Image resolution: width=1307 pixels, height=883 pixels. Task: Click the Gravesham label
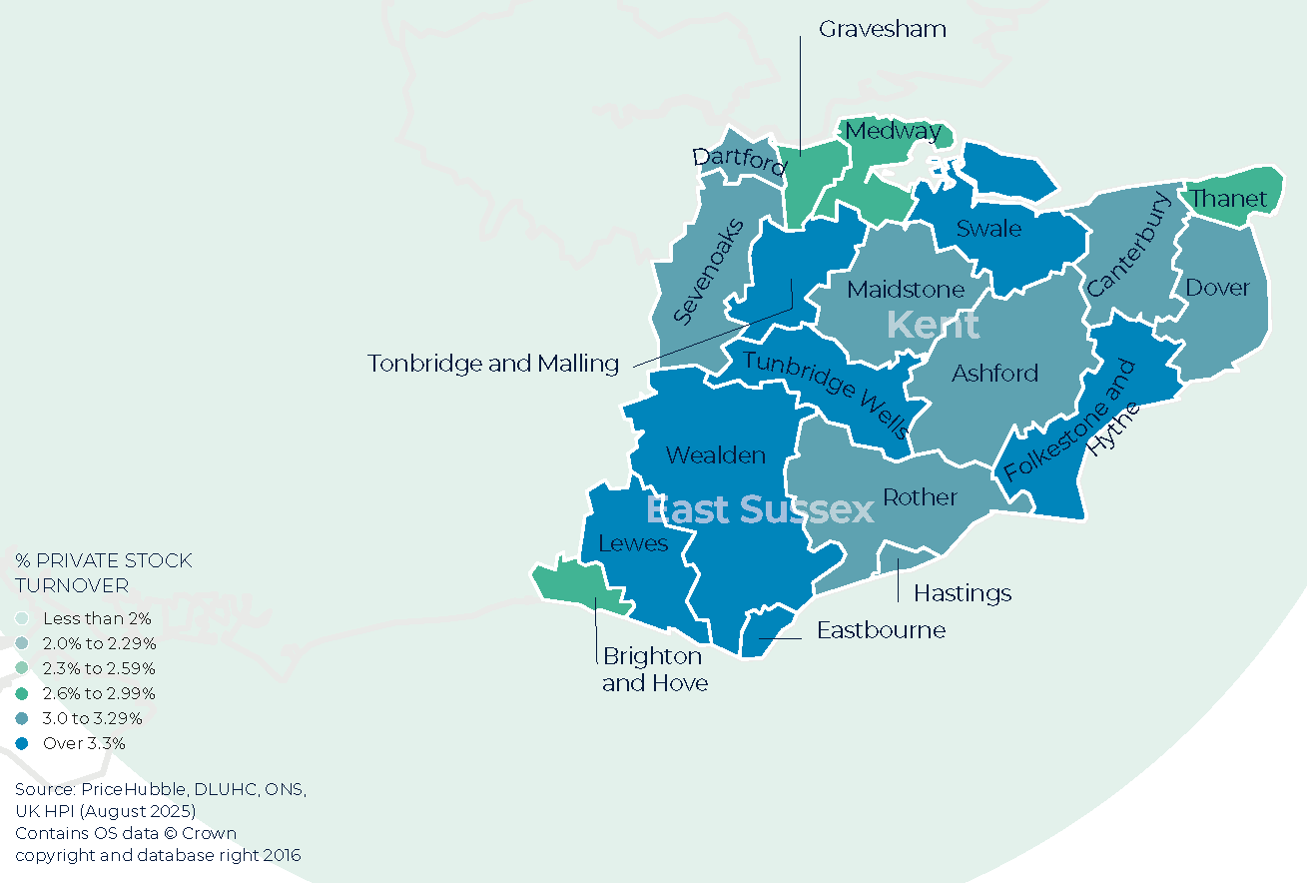tap(882, 29)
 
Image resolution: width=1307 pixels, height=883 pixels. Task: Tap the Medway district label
tap(893, 131)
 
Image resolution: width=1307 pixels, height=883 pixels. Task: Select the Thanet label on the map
tap(1228, 199)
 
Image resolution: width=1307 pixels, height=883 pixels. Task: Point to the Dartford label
tap(740, 162)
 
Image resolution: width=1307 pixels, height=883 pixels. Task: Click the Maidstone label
tap(906, 290)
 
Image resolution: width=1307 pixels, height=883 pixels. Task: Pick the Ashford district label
tap(994, 373)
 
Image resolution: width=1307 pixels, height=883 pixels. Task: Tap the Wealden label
tap(715, 455)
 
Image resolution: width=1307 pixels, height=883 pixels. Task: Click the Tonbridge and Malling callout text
tap(493, 364)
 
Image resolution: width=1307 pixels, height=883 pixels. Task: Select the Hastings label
tap(963, 593)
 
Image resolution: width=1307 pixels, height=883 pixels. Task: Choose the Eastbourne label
tap(881, 630)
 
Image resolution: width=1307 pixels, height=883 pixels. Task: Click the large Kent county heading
tap(933, 325)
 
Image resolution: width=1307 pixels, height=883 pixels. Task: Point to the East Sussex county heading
tap(759, 510)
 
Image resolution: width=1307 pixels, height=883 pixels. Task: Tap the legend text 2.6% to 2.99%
tap(99, 693)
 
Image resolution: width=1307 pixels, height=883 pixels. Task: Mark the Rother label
tap(920, 497)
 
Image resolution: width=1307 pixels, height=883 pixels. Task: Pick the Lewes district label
tap(632, 543)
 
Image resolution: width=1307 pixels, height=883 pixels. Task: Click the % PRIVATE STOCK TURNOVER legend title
tap(104, 572)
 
